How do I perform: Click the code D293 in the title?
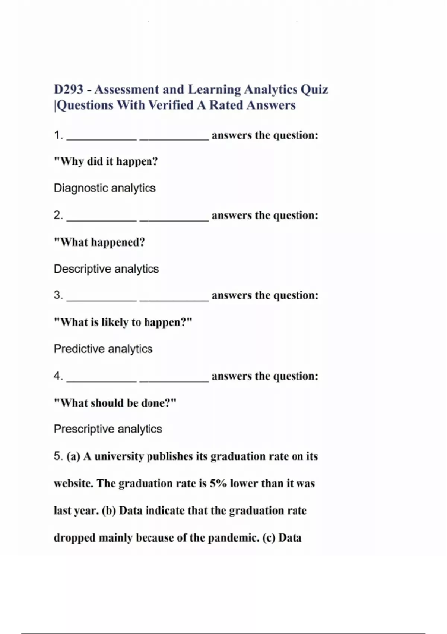coord(69,90)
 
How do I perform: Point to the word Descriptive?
coord(82,269)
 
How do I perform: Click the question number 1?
coord(58,135)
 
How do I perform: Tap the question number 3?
coord(58,295)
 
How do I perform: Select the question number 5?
coord(58,456)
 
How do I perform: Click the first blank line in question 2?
coord(102,220)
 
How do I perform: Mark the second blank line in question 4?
coord(174,381)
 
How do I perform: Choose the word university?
coord(119,457)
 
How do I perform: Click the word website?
coord(73,484)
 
